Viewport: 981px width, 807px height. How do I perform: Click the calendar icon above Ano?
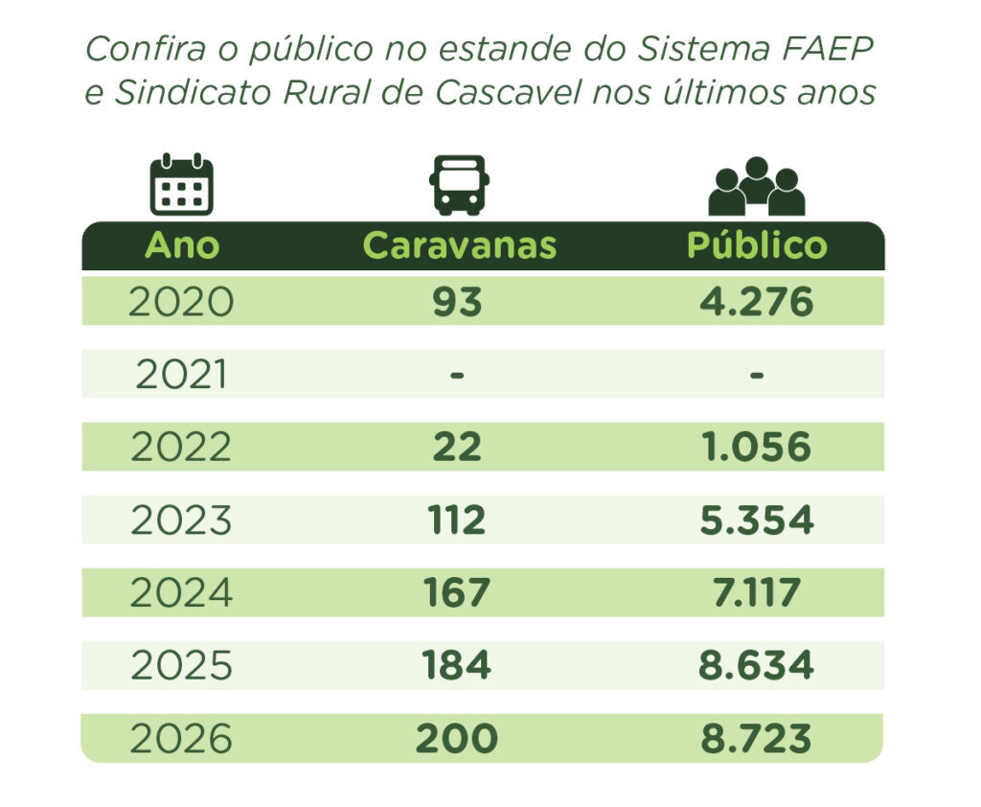point(181,184)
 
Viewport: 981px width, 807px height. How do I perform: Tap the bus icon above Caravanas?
point(459,185)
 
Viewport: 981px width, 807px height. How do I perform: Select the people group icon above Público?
point(756,186)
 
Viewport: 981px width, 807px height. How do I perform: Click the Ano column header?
point(181,245)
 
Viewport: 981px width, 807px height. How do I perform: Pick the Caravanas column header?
point(459,245)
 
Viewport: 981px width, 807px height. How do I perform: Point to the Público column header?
point(756,245)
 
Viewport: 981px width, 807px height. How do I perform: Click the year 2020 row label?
point(181,302)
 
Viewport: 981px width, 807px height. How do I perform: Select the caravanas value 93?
point(457,302)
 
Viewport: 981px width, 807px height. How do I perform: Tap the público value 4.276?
point(756,302)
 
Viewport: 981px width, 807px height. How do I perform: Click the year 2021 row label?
point(181,375)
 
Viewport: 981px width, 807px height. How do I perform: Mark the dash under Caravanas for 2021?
point(457,375)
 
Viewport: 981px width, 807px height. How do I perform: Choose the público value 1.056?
point(756,448)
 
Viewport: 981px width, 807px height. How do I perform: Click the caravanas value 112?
point(457,520)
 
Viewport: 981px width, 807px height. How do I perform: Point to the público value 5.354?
point(756,520)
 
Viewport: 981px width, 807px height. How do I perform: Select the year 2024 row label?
point(181,593)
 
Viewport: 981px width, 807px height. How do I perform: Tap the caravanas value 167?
point(457,593)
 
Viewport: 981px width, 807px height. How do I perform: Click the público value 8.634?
point(756,666)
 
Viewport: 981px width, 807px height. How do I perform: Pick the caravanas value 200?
point(457,739)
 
